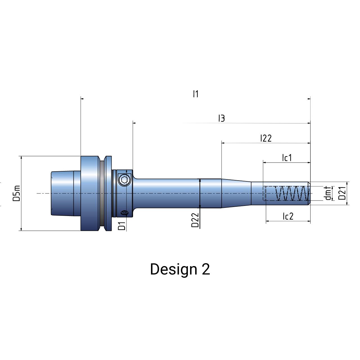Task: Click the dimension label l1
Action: point(195,94)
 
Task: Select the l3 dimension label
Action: point(222,118)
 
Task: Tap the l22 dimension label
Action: point(266,138)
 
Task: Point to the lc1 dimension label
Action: point(287,158)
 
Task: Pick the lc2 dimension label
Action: point(288,216)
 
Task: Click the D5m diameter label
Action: point(17,193)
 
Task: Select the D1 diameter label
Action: point(122,226)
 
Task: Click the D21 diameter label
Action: point(342,193)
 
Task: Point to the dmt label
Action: point(327,193)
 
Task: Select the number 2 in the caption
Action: point(206,269)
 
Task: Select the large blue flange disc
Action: point(90,193)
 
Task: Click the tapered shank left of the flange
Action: point(62,193)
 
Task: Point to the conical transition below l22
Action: point(236,193)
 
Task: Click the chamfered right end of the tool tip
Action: point(309,193)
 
